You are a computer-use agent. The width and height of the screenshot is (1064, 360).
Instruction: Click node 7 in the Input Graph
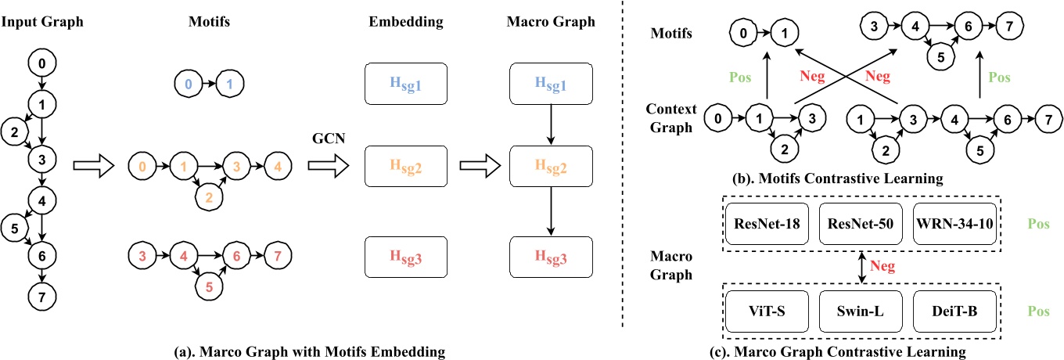pyautogui.click(x=41, y=297)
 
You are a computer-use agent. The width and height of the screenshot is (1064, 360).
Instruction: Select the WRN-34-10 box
pyautogui.click(x=953, y=224)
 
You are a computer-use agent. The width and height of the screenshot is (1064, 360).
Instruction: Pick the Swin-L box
pyautogui.click(x=859, y=312)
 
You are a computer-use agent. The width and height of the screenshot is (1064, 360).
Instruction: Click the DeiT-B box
pyautogui.click(x=953, y=312)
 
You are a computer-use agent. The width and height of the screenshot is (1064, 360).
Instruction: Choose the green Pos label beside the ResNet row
pyautogui.click(x=1038, y=224)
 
